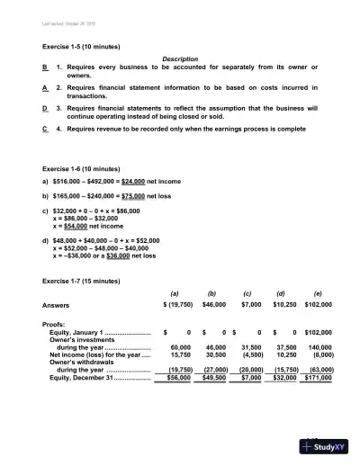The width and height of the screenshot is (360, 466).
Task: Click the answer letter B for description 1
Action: click(45, 67)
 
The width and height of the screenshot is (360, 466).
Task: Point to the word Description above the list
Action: click(179, 58)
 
